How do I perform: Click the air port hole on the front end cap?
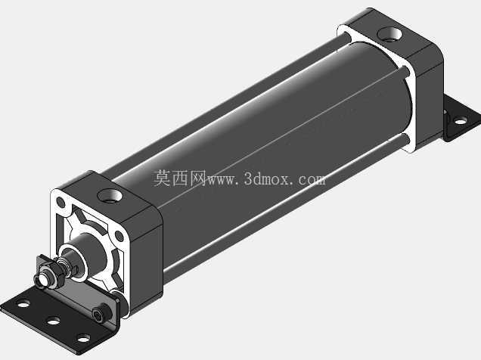(x=110, y=196)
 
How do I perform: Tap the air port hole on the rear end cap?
(x=389, y=34)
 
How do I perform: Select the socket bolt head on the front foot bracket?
(x=101, y=314)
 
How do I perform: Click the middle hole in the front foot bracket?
(x=54, y=321)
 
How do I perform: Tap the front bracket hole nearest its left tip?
(x=23, y=304)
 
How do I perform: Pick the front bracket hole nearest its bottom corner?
(x=84, y=339)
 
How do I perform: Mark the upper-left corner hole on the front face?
(x=61, y=202)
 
